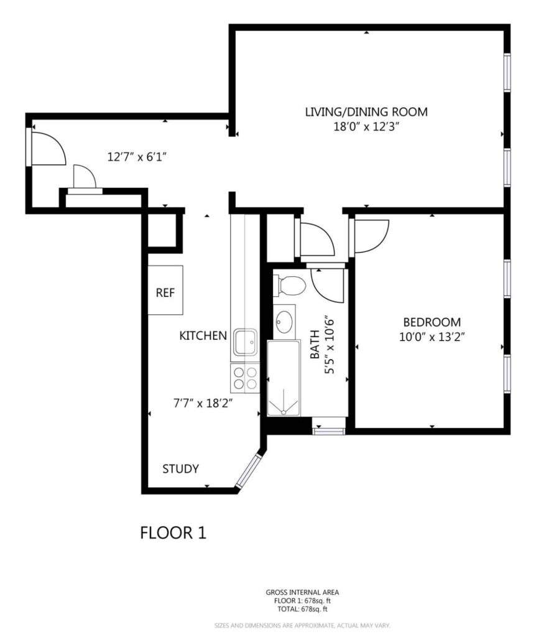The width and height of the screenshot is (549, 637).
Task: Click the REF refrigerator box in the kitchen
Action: tap(165, 290)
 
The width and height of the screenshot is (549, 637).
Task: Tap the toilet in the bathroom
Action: tap(290, 286)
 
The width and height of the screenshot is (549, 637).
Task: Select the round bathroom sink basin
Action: tap(284, 322)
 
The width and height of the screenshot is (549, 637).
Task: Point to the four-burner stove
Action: tap(245, 378)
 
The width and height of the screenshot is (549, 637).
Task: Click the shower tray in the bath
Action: tap(284, 378)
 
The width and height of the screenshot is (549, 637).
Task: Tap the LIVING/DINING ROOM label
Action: tap(366, 112)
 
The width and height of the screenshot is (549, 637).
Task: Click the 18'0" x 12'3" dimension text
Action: tap(366, 127)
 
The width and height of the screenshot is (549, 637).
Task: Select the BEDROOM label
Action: tap(432, 322)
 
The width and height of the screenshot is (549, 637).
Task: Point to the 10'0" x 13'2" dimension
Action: tap(432, 337)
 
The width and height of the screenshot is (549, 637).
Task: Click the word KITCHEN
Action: tap(203, 335)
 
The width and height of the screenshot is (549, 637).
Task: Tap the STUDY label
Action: tap(181, 469)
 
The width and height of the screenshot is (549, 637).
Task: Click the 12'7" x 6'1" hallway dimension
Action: tap(137, 157)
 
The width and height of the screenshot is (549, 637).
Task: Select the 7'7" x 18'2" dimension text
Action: tap(203, 403)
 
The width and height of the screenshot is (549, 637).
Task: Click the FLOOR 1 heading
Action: tap(173, 532)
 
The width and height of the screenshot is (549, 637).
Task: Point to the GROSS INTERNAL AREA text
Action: tap(303, 592)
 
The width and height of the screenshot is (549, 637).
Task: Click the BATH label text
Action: tap(315, 344)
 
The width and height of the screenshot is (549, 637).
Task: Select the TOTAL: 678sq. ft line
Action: tap(303, 609)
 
